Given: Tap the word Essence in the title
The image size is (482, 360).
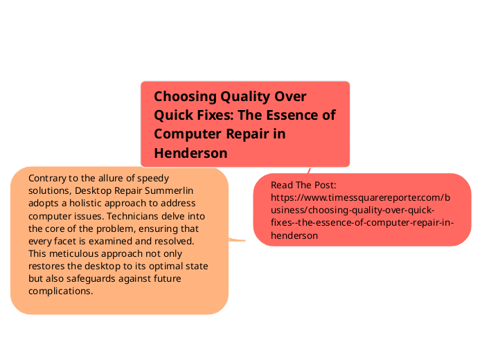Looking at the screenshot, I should (294, 115).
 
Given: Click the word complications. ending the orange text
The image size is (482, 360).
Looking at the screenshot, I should (60, 291).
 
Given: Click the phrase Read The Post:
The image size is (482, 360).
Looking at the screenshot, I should (303, 185).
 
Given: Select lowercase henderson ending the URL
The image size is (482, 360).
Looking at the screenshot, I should (294, 235).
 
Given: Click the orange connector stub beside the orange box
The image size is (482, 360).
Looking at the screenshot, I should (238, 240).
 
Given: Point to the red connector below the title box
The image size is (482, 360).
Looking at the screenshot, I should (309, 170).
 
